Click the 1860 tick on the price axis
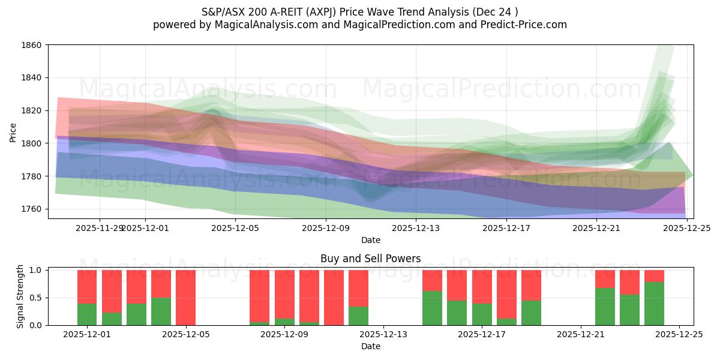coord(32,45)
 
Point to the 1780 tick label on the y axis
coord(32,176)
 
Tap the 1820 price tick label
coord(32,110)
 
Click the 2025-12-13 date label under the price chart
coord(416,228)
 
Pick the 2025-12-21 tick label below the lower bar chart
coord(581,335)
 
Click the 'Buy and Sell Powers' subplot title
coord(370,259)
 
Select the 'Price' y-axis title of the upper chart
coord(13,132)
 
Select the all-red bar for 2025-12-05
coord(185,298)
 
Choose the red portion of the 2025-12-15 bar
coord(457,285)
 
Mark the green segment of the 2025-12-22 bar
coord(605,307)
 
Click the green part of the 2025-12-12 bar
coord(358,316)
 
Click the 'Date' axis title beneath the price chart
coord(370,240)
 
